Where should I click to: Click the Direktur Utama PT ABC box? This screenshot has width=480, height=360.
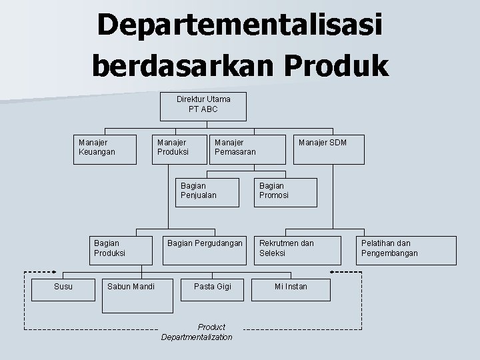203,105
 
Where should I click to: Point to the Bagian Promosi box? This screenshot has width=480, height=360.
285,192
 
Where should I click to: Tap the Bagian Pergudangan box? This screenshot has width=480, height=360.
205,248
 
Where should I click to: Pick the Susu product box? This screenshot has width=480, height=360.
63,287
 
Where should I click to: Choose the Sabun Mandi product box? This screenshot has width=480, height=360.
131,287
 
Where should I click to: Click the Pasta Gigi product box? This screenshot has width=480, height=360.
212,287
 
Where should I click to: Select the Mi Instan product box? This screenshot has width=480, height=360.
291,287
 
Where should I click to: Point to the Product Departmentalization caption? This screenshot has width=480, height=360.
197,332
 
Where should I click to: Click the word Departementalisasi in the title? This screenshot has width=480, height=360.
240,27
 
